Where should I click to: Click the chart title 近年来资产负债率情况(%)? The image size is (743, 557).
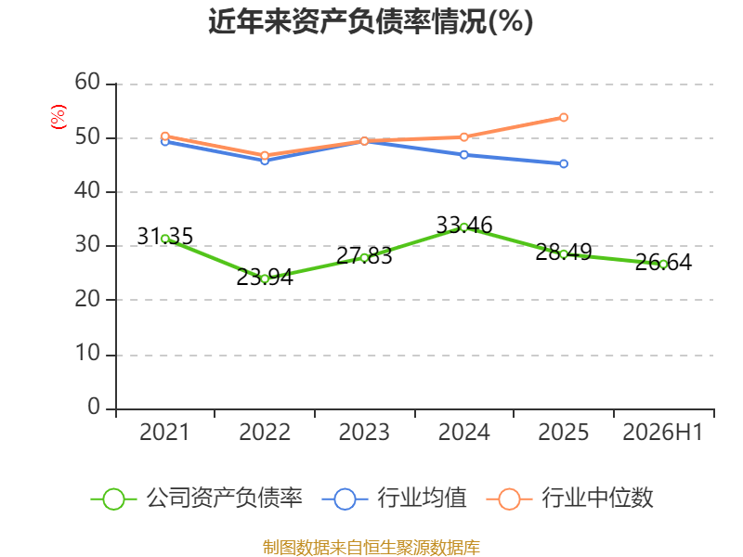tap(371, 21)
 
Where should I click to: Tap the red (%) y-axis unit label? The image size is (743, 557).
tap(59, 117)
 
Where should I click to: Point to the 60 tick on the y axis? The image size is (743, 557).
tap(87, 82)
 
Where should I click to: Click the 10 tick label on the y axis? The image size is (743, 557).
tap(87, 354)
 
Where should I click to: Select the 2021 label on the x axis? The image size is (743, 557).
tap(164, 432)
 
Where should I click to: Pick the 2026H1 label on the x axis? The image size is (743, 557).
tap(662, 432)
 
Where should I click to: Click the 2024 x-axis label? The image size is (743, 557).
tap(463, 432)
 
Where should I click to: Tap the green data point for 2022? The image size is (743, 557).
tap(265, 279)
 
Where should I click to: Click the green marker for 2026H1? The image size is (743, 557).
tap(663, 265)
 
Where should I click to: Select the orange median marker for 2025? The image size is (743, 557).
tap(564, 117)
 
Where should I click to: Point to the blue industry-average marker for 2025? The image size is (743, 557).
tap(564, 164)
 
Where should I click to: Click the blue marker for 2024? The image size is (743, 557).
tap(463, 155)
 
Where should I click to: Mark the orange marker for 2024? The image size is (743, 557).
tap(463, 136)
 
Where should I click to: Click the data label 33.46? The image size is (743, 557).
tap(463, 225)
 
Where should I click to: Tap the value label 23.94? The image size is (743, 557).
tap(265, 277)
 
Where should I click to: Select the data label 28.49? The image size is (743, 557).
tap(564, 252)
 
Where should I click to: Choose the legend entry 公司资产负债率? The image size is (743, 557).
tap(196, 499)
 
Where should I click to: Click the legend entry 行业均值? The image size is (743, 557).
tap(394, 499)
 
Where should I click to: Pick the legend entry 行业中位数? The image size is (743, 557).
tap(569, 499)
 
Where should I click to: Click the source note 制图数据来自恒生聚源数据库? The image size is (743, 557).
tap(371, 547)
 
